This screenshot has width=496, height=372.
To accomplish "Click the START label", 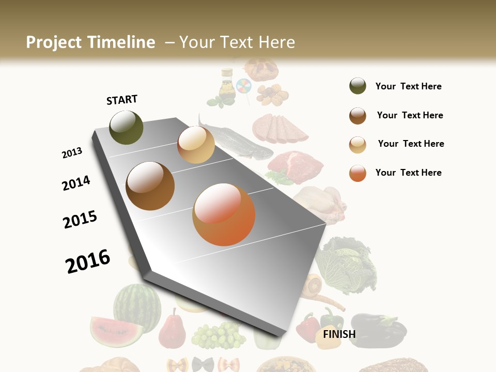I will pyautogui.click(x=122, y=100).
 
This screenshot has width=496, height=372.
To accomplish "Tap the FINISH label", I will pyautogui.click(x=339, y=334).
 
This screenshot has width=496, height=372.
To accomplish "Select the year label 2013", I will pyautogui.click(x=72, y=152).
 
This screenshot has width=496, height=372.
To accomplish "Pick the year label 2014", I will pyautogui.click(x=76, y=183).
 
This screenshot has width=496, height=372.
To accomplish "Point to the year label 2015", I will pyautogui.click(x=80, y=220).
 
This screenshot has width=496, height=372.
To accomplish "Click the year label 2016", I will pyautogui.click(x=88, y=261).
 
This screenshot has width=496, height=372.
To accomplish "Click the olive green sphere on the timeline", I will pyautogui.click(x=126, y=127).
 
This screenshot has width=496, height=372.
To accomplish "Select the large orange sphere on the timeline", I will pyautogui.click(x=224, y=214).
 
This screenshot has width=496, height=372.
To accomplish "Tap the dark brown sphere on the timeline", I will pyautogui.click(x=150, y=185).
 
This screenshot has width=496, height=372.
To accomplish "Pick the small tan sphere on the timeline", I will pyautogui.click(x=196, y=145).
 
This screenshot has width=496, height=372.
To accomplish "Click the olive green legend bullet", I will pyautogui.click(x=358, y=86).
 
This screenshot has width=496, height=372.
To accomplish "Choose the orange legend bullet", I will pyautogui.click(x=358, y=173).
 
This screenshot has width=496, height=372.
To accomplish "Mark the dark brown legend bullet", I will pyautogui.click(x=358, y=116).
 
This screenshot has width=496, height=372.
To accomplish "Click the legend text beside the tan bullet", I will pyautogui.click(x=411, y=144).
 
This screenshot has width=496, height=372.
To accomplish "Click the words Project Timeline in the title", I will pyautogui.click(x=90, y=42).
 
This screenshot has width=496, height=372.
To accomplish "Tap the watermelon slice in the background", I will pyautogui.click(x=116, y=331).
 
